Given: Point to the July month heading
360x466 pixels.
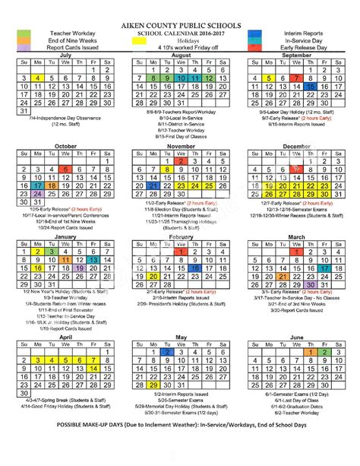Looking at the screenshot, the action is tap(65, 55).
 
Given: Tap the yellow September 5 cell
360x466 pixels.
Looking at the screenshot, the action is tap(267, 78).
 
